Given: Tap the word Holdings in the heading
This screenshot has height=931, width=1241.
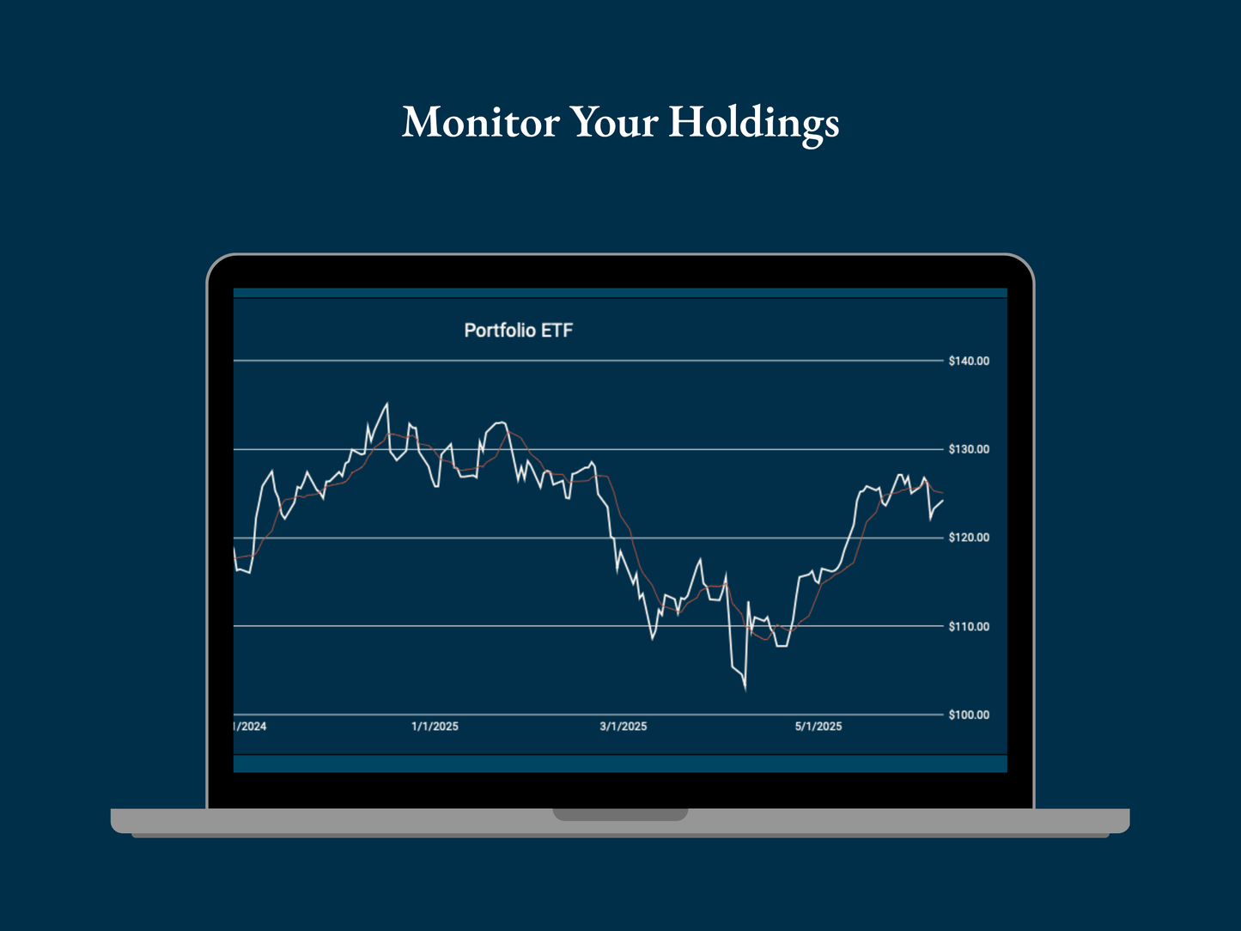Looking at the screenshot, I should coord(753,122).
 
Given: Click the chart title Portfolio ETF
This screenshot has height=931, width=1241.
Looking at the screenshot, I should coord(518,331).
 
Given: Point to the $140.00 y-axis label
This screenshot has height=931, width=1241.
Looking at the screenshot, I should coord(969,362).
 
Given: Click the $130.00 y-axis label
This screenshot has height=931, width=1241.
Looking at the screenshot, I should coord(969,449).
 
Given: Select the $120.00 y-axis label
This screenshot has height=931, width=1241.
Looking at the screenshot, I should coord(969,538).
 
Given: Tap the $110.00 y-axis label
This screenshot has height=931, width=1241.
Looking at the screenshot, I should coord(969,627).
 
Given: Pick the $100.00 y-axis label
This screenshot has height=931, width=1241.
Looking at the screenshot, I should coord(969,715).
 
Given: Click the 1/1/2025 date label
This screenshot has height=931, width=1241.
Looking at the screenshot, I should coord(435,727).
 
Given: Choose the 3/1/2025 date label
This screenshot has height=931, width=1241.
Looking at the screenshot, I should coord(623,727).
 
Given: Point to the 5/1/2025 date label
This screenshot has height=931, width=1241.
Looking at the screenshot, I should coord(818,727).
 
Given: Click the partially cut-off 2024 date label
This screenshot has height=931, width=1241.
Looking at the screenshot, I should coord(250,727).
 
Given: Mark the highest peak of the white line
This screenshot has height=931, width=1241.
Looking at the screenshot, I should coord(386,403).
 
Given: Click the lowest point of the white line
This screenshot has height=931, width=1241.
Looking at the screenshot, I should coord(745,689).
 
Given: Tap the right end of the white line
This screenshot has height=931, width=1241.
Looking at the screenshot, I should coord(943,501).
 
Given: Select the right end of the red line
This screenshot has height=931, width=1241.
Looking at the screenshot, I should coord(943,493).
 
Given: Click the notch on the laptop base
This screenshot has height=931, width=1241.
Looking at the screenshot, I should coord(620,814).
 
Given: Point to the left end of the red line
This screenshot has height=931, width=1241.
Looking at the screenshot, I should coord(235,558).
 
